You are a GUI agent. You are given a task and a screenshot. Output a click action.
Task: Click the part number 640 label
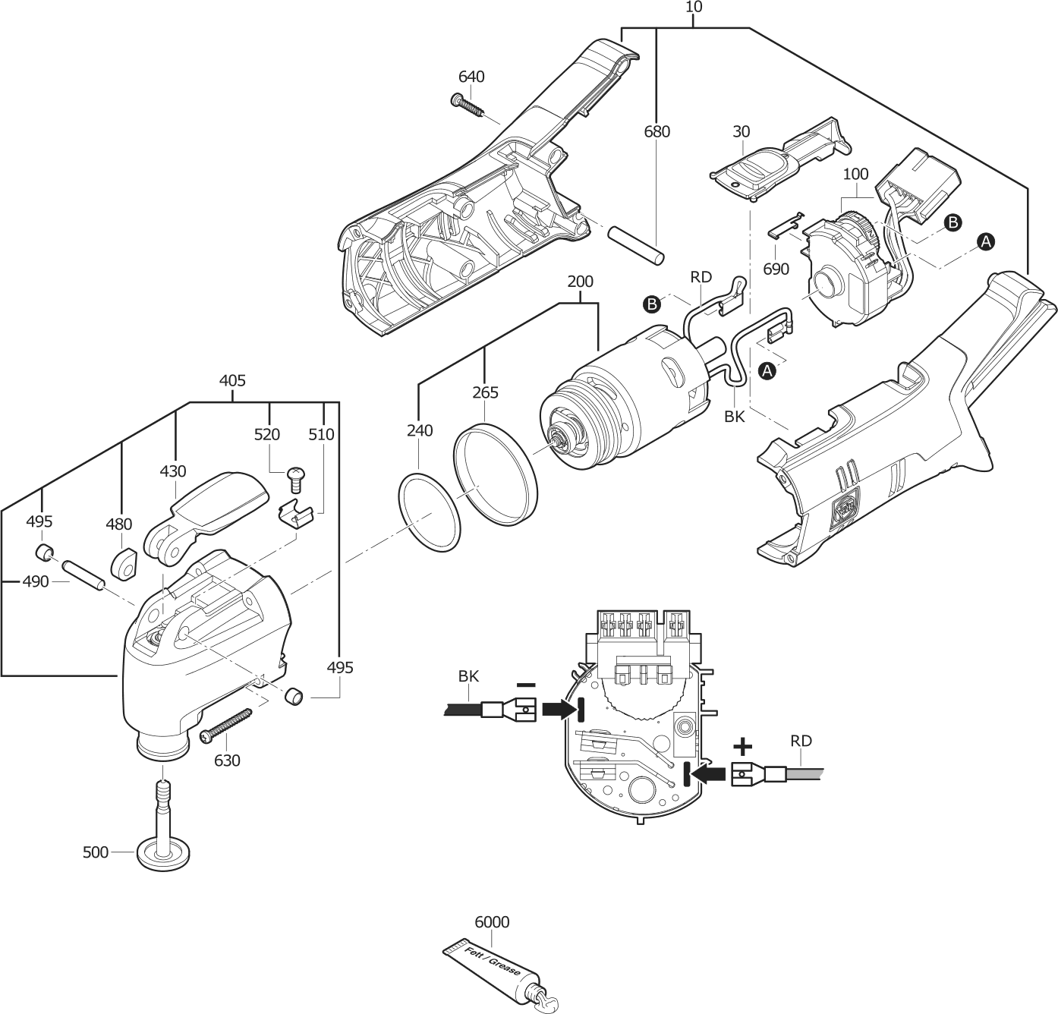pyautogui.click(x=471, y=77)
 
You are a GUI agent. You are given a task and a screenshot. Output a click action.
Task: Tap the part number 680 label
pyautogui.click(x=657, y=131)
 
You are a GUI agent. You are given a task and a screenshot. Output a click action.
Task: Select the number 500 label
pyautogui.click(x=96, y=852)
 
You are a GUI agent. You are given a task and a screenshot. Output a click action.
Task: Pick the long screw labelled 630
pyautogui.click(x=226, y=723)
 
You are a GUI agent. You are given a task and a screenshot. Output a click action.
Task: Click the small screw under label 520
pyautogui.click(x=296, y=478)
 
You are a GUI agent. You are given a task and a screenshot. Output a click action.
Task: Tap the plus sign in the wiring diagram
pyautogui.click(x=743, y=748)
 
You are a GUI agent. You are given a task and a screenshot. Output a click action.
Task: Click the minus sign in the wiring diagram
pyautogui.click(x=526, y=685)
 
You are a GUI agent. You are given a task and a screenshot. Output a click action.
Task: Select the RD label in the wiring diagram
pyautogui.click(x=801, y=741)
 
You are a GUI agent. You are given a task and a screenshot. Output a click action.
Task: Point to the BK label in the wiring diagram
pyautogui.click(x=468, y=675)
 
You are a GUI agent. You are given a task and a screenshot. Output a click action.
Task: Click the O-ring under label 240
pyautogui.click(x=430, y=513)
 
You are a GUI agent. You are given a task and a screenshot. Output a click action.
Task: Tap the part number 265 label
pyautogui.click(x=486, y=392)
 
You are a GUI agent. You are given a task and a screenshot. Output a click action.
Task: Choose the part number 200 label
pyautogui.click(x=580, y=282)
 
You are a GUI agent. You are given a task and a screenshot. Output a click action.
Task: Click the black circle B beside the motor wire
pyautogui.click(x=651, y=304)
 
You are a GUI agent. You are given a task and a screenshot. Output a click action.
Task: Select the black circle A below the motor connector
pyautogui.click(x=767, y=371)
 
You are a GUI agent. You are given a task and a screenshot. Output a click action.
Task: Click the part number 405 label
pyautogui.click(x=232, y=380)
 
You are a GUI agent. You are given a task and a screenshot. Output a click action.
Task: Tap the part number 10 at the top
pyautogui.click(x=694, y=7)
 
